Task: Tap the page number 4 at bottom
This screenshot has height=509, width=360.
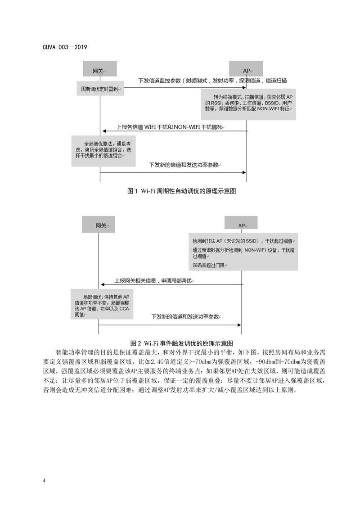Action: [44, 481]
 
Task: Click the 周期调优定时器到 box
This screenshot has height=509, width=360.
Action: [100, 90]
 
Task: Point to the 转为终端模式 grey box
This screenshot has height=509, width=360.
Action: [248, 104]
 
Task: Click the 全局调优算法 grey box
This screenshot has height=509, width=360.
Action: [104, 150]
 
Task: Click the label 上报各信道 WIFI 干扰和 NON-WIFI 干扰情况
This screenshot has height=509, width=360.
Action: [170, 127]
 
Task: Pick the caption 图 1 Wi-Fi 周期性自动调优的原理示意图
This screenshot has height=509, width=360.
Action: [182, 191]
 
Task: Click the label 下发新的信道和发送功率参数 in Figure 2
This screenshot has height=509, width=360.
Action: [185, 317]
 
